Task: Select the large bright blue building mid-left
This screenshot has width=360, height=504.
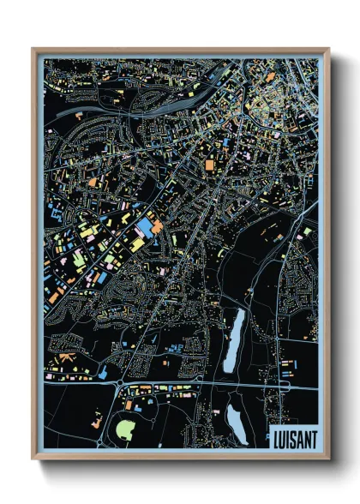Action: click(144, 229)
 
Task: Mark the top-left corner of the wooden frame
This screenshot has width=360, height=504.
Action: click(33, 49)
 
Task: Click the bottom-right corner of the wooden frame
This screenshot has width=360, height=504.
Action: click(328, 458)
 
